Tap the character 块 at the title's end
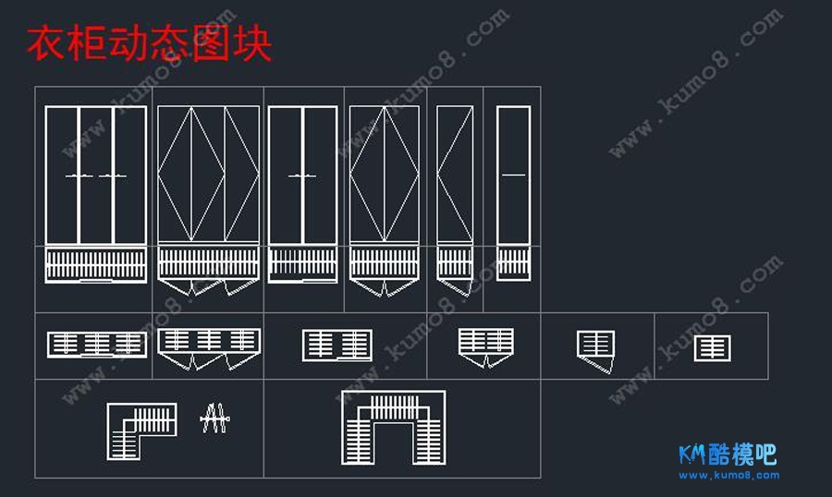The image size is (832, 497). click(252, 43)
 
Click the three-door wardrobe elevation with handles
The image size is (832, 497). click(96, 176)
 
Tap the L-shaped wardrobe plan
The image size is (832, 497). click(140, 430)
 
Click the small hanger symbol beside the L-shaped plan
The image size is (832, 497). click(214, 419)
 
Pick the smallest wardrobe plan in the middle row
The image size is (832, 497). click(712, 348)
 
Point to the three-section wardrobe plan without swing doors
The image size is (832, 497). click(97, 345)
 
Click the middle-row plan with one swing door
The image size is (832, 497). click(596, 349)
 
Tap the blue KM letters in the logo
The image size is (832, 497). click(692, 455)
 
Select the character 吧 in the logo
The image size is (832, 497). click(765, 455)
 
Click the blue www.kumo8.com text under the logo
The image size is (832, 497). click(729, 475)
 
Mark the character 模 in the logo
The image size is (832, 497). click(742, 455)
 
